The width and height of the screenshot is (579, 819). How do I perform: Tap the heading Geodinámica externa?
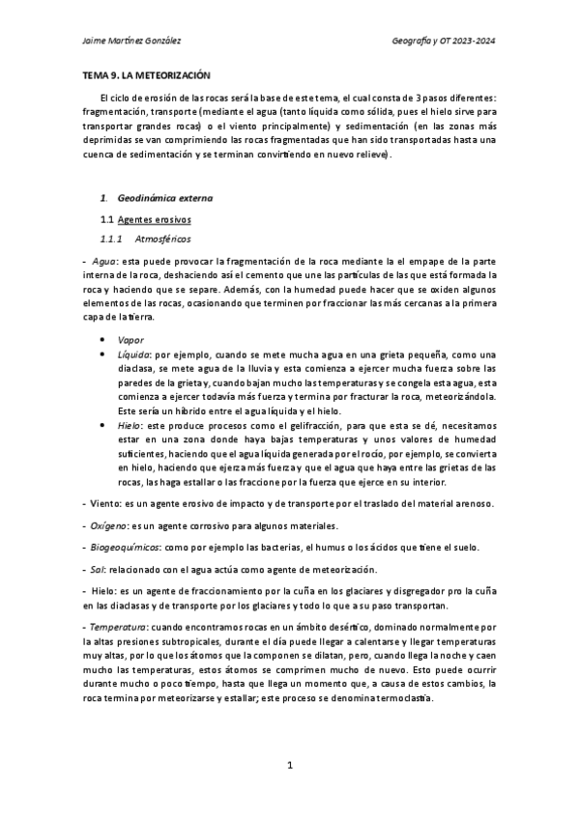point(164,198)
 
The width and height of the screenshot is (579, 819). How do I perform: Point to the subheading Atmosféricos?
point(163,239)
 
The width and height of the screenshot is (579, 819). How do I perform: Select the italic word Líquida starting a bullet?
point(132,354)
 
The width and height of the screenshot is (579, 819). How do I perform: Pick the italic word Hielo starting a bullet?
point(129,425)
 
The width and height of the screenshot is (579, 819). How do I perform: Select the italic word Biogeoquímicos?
point(119,548)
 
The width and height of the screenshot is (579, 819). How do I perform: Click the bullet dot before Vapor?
point(102,340)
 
